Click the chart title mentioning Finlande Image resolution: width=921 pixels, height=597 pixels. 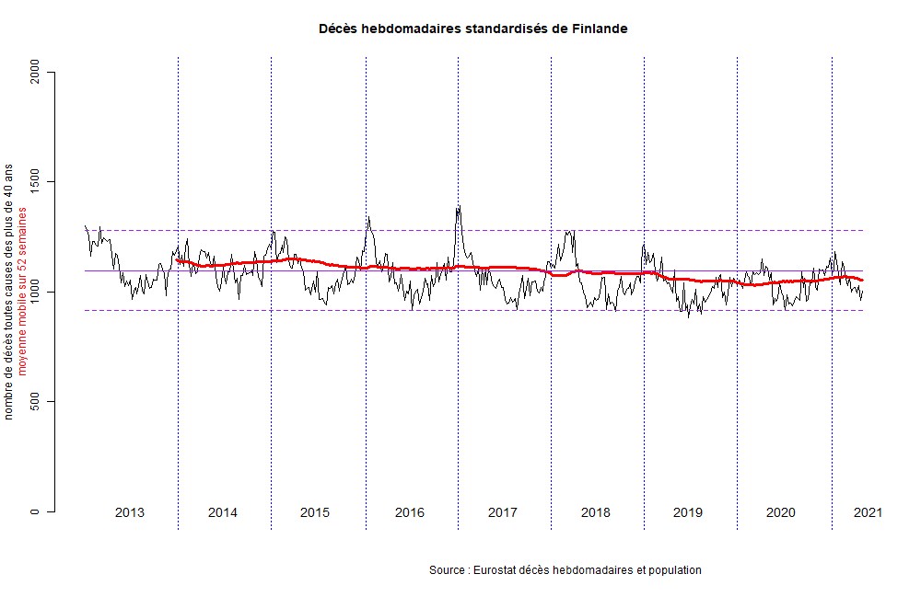[472, 29]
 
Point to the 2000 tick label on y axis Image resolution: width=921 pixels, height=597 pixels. [37, 72]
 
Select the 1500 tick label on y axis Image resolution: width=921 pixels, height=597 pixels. [37, 182]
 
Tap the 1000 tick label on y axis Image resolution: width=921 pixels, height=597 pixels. [37, 292]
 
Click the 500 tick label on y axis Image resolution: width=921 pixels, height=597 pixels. [37, 402]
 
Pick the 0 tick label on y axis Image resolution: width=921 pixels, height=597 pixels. [37, 511]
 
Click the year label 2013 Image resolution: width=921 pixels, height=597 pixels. [130, 512]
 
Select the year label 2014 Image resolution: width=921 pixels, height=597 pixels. [223, 512]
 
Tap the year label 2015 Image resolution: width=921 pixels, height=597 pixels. [315, 512]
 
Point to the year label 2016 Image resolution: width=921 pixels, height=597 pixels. [410, 512]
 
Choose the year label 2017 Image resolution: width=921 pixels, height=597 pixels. [502, 512]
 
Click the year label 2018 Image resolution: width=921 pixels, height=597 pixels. [595, 512]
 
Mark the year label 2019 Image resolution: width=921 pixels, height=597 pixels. [688, 512]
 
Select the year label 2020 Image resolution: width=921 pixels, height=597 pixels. [781, 512]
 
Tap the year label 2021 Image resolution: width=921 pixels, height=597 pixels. [868, 512]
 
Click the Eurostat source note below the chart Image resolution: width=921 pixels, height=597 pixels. [565, 570]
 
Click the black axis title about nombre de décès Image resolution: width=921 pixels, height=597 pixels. [9, 292]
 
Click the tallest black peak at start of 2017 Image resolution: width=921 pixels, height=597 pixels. [458, 207]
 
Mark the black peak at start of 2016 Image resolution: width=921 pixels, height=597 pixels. [368, 218]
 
